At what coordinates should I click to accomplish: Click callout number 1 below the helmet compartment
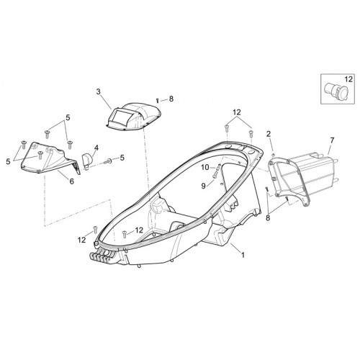click(x=243, y=255)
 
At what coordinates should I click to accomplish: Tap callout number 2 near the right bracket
click(x=269, y=134)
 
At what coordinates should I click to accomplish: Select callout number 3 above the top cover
click(x=99, y=91)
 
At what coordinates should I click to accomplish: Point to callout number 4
click(x=96, y=148)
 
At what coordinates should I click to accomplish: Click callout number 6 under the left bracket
click(x=72, y=181)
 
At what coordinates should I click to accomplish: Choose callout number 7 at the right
click(x=332, y=140)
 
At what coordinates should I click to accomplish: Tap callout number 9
click(x=204, y=186)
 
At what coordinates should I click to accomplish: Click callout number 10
click(x=205, y=167)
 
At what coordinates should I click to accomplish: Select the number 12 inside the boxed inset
click(x=348, y=79)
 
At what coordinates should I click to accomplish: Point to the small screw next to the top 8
click(x=157, y=99)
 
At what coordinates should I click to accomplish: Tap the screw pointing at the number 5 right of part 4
click(x=107, y=161)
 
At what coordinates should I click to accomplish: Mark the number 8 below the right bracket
click(x=268, y=218)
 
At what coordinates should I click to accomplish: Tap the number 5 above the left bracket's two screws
click(x=68, y=118)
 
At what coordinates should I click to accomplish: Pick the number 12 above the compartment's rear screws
click(x=236, y=112)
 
